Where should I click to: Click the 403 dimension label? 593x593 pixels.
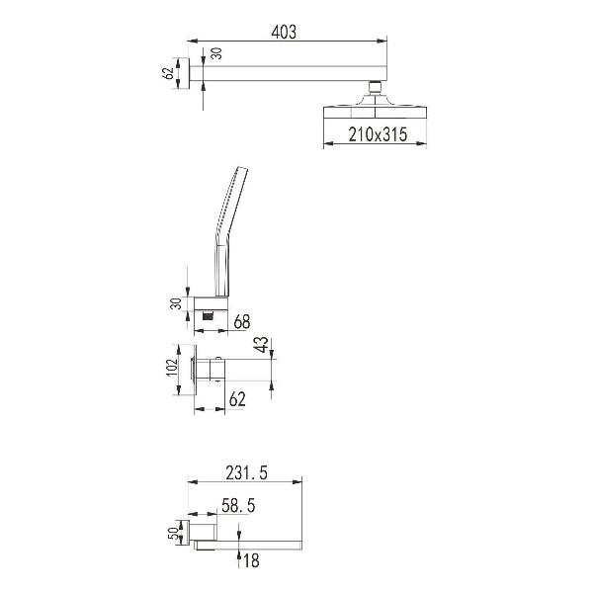284,32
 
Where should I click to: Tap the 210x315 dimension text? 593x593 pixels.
378,134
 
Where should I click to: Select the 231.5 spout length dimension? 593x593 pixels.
246,472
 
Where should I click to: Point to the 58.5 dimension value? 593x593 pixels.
238,506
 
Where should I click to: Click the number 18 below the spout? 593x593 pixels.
251,560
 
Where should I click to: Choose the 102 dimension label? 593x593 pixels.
172,368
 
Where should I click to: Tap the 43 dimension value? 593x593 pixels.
262,345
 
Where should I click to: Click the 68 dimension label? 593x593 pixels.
242,321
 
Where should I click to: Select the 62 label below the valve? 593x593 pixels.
237,399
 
